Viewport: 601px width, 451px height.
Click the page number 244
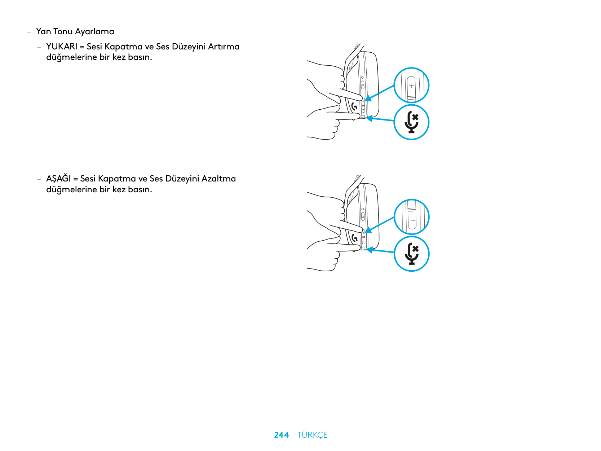(281, 434)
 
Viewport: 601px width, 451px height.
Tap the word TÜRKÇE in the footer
(312, 434)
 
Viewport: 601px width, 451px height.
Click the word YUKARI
(62, 47)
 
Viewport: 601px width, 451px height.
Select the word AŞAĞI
(58, 178)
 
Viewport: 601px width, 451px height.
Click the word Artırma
(224, 47)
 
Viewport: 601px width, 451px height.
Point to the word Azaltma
(218, 179)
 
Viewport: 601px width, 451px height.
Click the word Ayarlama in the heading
(94, 32)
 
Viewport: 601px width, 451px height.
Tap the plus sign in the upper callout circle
(411, 86)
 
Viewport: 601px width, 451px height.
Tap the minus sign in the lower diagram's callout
(412, 221)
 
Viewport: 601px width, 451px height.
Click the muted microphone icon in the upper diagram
(411, 122)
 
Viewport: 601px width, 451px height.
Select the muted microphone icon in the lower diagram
(411, 253)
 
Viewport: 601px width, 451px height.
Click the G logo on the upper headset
(354, 106)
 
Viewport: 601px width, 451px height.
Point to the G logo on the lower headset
(354, 238)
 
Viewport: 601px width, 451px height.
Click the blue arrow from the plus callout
(380, 93)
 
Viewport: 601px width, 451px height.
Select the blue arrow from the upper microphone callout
(380, 119)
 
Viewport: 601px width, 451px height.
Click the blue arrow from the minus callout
(380, 225)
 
